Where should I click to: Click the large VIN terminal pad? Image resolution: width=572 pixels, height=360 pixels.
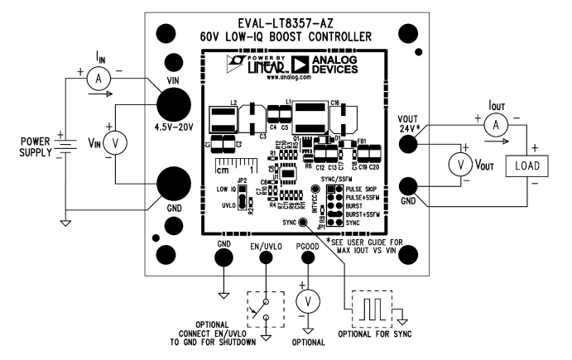pyautogui.click(x=176, y=103)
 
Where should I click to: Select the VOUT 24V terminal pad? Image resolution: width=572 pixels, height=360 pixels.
pyautogui.click(x=407, y=144)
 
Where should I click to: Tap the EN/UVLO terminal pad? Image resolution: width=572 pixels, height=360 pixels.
pyautogui.click(x=266, y=257)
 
